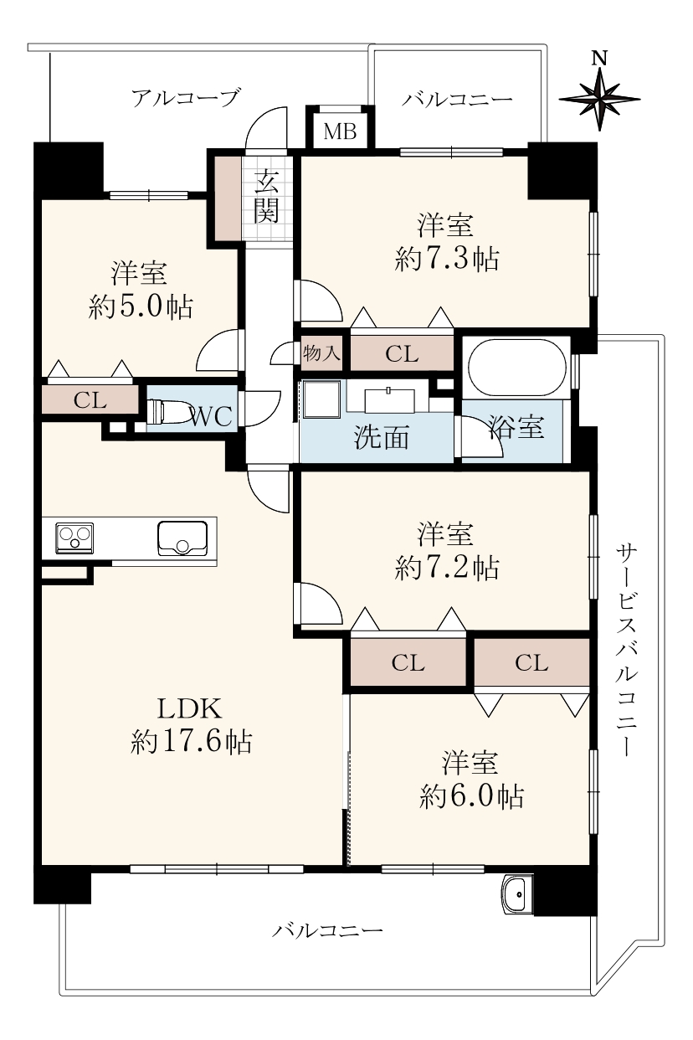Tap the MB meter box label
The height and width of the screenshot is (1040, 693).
click(x=340, y=131)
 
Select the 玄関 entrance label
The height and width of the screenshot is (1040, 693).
click(x=266, y=195)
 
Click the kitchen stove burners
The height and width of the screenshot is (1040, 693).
click(x=74, y=538)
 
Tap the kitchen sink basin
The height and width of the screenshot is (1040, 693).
click(x=182, y=538)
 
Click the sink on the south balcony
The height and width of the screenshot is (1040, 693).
click(x=516, y=893)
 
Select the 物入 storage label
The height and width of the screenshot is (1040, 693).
click(x=321, y=354)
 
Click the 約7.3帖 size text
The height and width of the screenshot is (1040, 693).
click(x=447, y=259)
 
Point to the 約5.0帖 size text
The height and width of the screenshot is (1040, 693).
click(x=141, y=306)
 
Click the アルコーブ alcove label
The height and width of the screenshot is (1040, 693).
click(x=187, y=98)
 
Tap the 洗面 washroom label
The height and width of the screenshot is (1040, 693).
click(x=382, y=437)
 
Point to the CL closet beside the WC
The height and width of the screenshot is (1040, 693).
click(x=90, y=399)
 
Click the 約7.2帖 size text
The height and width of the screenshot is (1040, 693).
click(x=447, y=568)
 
